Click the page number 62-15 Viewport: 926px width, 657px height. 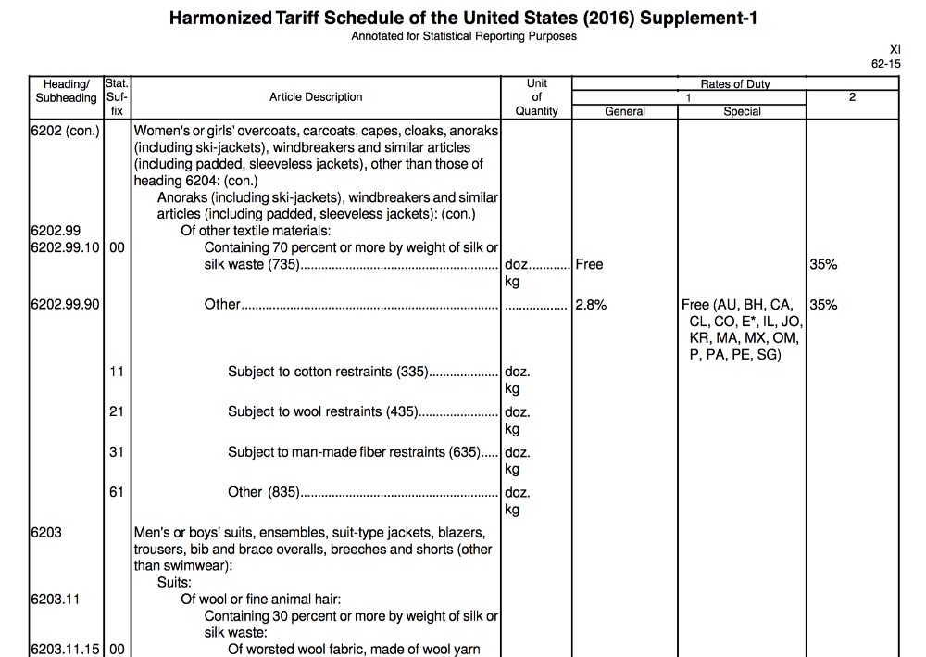tap(885, 63)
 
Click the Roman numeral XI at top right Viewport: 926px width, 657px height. tap(894, 49)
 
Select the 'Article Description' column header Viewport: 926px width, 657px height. tap(316, 97)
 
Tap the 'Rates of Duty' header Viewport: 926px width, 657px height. tap(735, 84)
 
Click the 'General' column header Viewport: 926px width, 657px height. tap(625, 111)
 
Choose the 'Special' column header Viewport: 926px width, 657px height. tap(742, 111)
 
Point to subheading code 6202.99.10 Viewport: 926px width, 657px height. tap(64, 248)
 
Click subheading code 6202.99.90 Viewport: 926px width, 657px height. tap(64, 305)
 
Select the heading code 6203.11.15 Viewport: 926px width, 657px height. tap(64, 650)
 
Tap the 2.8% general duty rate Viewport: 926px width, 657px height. tap(591, 305)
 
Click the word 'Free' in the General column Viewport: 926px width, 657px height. tap(589, 265)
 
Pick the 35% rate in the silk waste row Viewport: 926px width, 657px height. tap(823, 265)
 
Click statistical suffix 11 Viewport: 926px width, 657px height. tap(116, 372)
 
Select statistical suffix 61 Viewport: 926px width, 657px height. tap(116, 492)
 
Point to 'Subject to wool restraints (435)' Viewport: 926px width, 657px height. tap(323, 412)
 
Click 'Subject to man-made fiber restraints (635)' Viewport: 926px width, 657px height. tap(355, 452)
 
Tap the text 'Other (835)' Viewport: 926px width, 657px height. tap(264, 492)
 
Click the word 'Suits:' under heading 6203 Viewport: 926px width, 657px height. tap(174, 583)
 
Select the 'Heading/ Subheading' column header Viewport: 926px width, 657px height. tap(66, 91)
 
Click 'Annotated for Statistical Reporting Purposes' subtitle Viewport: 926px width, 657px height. tap(463, 36)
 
